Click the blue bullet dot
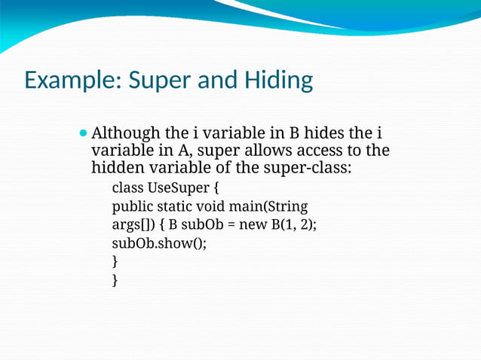pyautogui.click(x=83, y=133)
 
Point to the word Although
pyautogui.click(x=125, y=134)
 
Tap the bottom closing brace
pyautogui.click(x=115, y=280)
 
